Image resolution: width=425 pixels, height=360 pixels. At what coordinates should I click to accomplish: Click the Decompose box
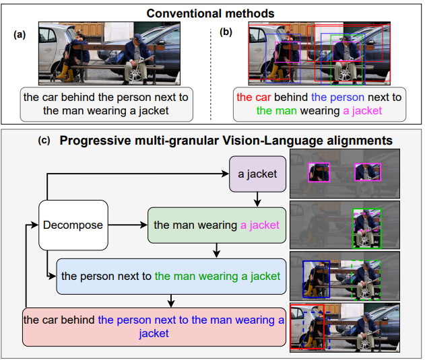(73, 225)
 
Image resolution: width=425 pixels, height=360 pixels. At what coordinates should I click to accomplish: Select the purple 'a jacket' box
(257, 174)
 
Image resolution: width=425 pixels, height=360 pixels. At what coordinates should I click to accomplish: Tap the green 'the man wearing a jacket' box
(216, 225)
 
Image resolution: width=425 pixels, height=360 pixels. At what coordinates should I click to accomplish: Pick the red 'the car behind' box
(154, 326)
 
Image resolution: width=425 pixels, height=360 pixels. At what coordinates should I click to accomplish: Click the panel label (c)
(45, 141)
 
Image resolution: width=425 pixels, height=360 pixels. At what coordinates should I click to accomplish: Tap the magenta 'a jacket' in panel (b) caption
(362, 110)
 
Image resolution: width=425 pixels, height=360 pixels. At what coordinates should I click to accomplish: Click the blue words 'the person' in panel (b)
(337, 97)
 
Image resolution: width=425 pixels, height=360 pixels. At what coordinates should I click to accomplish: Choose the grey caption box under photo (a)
(106, 104)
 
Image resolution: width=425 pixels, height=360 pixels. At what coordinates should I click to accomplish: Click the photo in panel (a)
(106, 54)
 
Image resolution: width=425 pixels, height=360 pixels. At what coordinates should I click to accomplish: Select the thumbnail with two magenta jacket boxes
(344, 173)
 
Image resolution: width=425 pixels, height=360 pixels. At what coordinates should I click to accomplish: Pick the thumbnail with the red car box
(344, 327)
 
